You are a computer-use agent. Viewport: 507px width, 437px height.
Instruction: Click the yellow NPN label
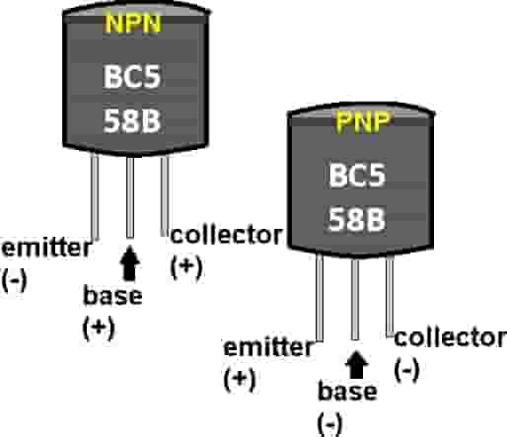click(129, 25)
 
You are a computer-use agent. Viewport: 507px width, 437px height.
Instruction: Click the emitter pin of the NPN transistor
click(95, 197)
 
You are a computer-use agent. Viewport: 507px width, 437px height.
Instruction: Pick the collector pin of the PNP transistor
click(391, 296)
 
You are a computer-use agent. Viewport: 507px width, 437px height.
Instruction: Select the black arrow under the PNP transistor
click(356, 367)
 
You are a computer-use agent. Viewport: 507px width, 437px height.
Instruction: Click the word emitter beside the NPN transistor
click(42, 248)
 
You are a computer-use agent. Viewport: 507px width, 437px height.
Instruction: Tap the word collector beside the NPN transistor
click(228, 236)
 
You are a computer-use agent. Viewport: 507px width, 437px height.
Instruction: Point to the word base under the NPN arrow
click(114, 296)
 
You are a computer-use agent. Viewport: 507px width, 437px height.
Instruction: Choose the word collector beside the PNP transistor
click(451, 338)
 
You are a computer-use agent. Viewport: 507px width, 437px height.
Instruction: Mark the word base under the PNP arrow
click(346, 392)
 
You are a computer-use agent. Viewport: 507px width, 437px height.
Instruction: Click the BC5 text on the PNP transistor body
click(358, 179)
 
